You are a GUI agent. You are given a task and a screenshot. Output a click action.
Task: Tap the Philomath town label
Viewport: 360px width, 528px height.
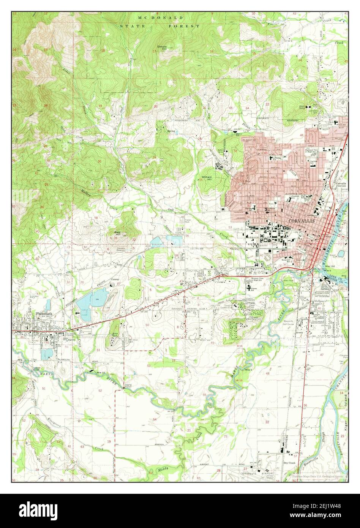point(45,314)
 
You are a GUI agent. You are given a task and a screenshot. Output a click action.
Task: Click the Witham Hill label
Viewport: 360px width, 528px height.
point(207,179)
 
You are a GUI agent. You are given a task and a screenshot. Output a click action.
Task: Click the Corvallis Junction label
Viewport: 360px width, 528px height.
point(341,185)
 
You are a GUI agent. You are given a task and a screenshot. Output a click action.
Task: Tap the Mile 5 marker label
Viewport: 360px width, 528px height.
point(249,370)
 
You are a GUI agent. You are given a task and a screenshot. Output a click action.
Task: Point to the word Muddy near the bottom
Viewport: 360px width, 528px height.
point(163,470)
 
